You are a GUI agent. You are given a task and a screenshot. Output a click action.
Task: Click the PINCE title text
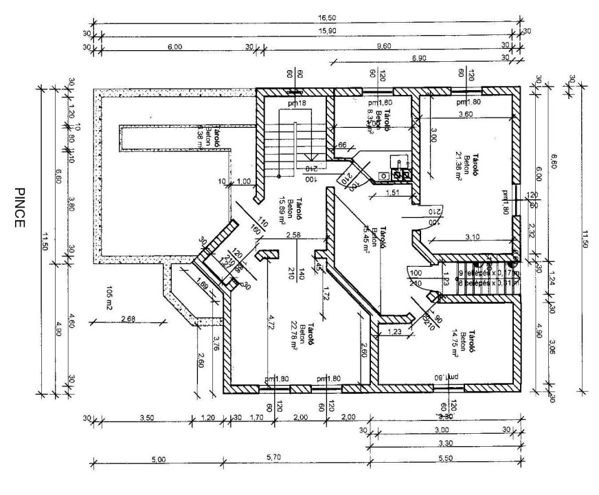20,207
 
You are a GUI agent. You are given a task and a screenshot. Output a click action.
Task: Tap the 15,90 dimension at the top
306,32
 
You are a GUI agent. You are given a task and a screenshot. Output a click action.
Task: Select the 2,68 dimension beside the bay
128,318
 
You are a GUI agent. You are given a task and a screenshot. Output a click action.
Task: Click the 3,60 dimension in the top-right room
465,114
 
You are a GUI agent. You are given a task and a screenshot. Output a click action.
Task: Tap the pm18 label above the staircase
296,103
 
